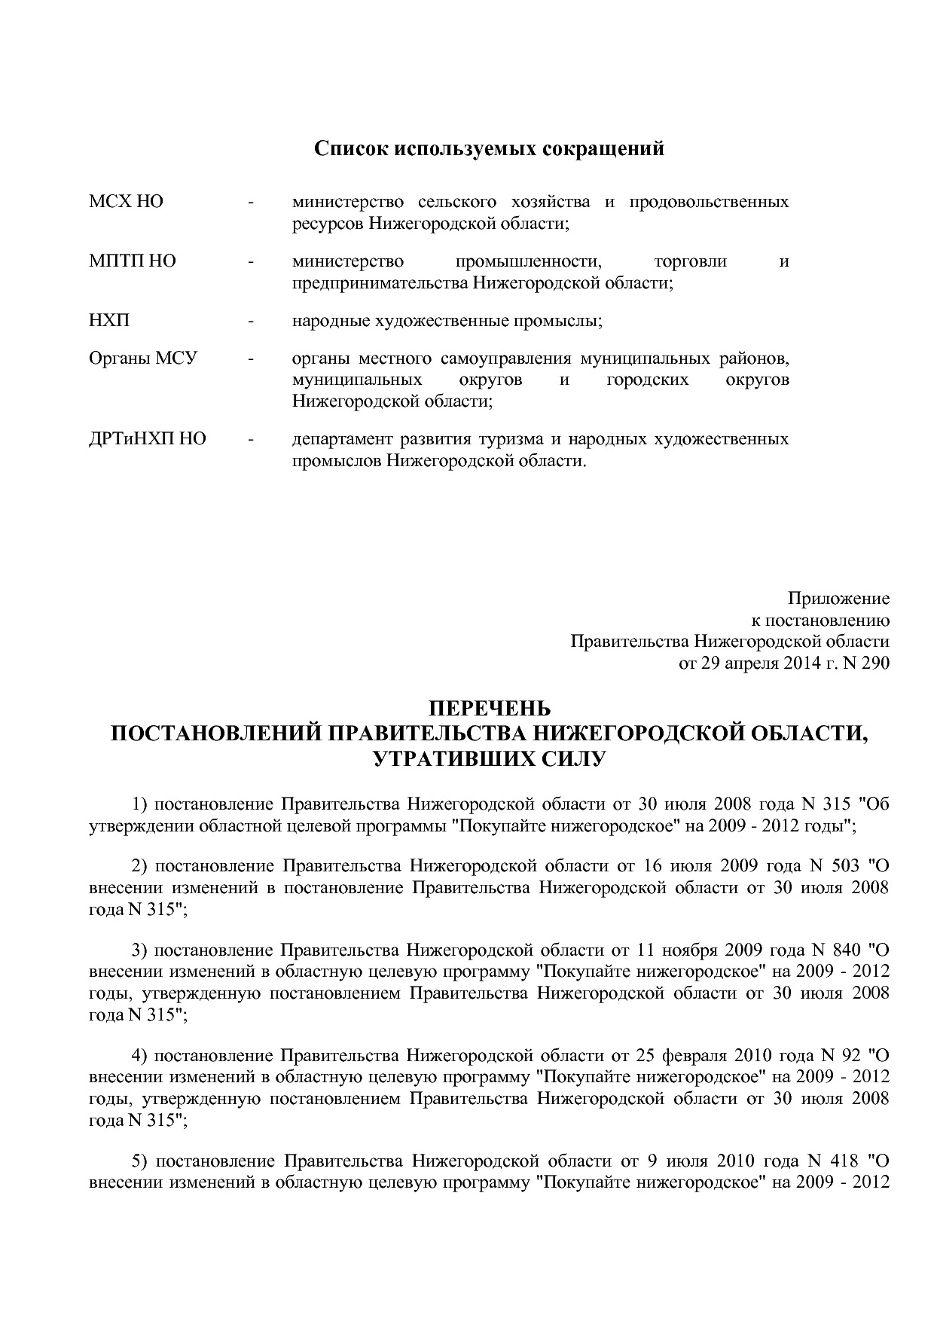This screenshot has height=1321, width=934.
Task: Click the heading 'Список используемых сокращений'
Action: pyautogui.click(x=489, y=148)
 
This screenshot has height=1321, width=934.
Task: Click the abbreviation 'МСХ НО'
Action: pyautogui.click(x=126, y=202)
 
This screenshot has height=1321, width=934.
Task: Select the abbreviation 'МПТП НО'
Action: pyautogui.click(x=133, y=261)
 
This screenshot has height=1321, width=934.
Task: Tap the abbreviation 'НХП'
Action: pyautogui.click(x=109, y=321)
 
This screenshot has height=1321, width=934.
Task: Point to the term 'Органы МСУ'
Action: pyautogui.click(x=143, y=358)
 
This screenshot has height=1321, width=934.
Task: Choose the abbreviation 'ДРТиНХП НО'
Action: pyautogui.click(x=148, y=439)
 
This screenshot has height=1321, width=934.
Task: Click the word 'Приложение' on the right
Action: pyautogui.click(x=838, y=599)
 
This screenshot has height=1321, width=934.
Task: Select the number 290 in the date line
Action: pyautogui.click(x=874, y=664)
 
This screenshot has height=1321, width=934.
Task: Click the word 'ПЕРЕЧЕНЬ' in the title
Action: pyautogui.click(x=490, y=709)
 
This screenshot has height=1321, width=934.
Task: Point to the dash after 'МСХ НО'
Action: pyautogui.click(x=251, y=203)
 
